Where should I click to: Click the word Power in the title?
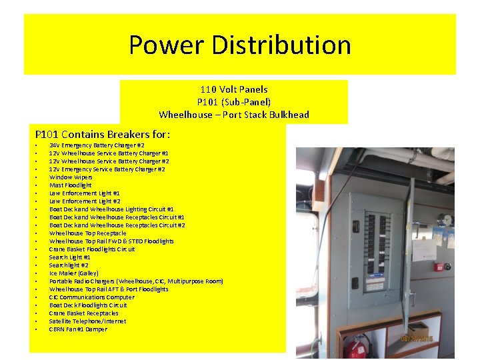coord(167,45)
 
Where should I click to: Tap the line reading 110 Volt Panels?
coord(234,89)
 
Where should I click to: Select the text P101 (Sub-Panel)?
coord(234,102)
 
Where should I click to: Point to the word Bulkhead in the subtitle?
coord(288,115)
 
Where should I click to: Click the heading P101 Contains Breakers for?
coord(102,134)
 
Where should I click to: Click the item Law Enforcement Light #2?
coord(85,201)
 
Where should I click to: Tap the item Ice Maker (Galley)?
coord(74,273)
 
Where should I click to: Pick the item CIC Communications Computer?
coord(92,297)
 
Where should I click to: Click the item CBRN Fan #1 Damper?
coord(78,329)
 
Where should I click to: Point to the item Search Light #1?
coord(70,257)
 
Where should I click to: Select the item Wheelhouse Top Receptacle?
coord(87,233)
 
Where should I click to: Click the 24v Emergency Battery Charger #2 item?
coord(97,145)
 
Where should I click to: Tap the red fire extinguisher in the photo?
coord(359,346)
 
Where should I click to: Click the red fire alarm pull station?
coord(438,267)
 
